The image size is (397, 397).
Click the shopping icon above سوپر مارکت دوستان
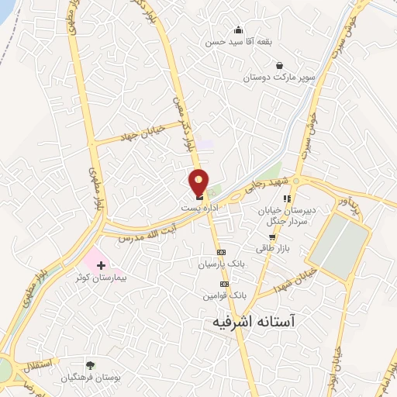click(x=278, y=66)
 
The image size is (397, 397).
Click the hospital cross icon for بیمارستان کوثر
click(x=100, y=266)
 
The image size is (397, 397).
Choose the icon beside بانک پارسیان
click(x=221, y=252)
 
